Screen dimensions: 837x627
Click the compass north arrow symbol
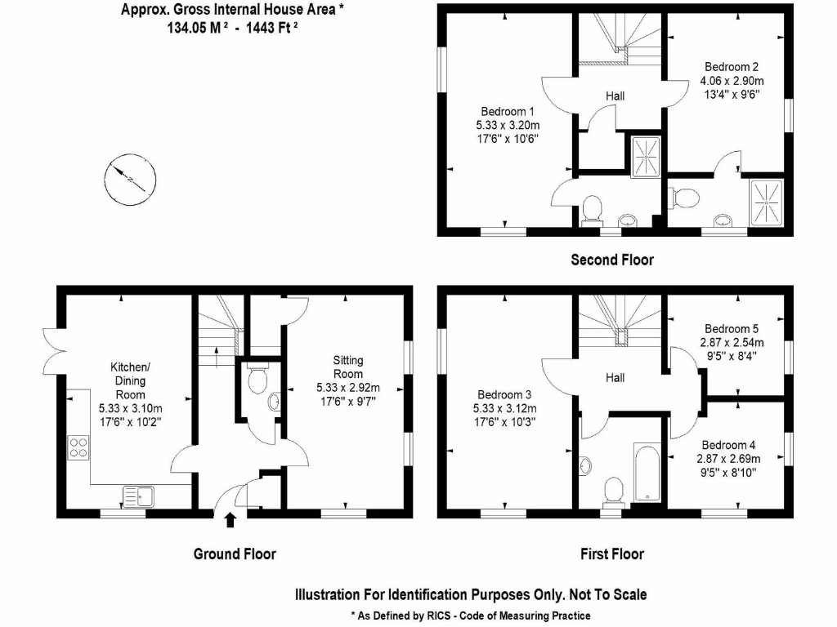130,180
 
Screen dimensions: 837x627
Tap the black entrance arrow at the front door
230,520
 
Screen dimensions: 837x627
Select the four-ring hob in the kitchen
78,447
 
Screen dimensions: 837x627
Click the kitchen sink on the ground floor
139,496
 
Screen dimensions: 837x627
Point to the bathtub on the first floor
647,473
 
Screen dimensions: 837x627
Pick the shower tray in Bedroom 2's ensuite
767,202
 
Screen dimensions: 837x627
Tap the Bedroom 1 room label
507,111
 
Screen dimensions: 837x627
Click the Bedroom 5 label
732,328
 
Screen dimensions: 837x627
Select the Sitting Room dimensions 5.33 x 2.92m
348,388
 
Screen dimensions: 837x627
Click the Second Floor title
612,260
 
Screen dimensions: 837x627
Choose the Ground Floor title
235,554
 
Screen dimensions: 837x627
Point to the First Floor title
612,554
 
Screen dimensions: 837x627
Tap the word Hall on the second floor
615,96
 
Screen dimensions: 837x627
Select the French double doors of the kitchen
54,351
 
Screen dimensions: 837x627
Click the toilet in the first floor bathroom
613,491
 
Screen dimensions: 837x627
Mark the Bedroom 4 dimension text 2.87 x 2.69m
728,459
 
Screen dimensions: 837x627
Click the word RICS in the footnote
439,616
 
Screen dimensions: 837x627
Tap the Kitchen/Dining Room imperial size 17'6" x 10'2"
130,422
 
